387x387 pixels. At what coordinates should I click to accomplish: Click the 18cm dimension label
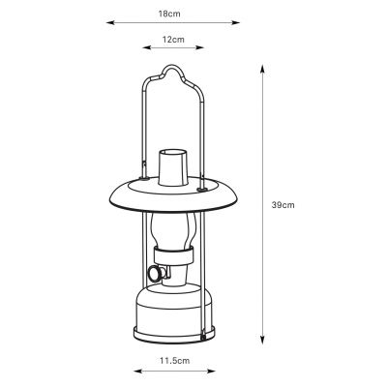[169, 15]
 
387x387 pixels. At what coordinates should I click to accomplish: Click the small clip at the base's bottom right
[204, 332]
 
